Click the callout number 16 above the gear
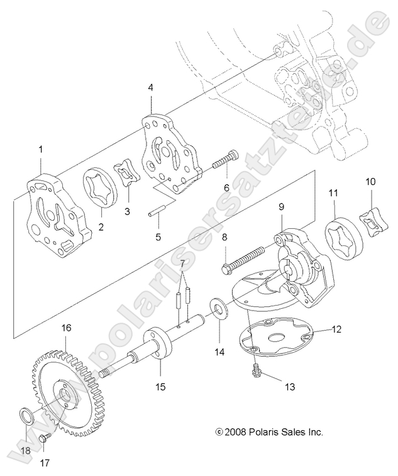click(66, 328)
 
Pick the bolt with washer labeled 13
click(257, 367)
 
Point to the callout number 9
click(282, 205)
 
